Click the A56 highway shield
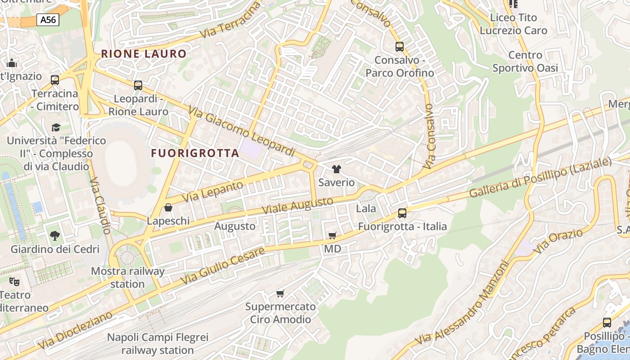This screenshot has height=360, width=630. point(49,19)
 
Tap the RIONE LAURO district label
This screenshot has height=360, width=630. point(144,54)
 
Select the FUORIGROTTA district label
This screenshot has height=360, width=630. point(195,153)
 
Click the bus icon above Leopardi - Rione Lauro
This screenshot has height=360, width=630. point(138,85)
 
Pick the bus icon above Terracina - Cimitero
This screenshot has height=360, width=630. point(55,80)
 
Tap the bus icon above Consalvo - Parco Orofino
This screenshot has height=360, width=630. point(399,46)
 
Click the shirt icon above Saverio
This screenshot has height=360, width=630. point(336,169)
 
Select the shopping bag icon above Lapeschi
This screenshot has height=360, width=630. point(168,207)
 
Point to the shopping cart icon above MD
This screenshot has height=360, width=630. point(333,235)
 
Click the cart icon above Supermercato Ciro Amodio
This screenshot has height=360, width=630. point(280,293)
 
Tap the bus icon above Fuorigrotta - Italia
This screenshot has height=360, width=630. point(402,213)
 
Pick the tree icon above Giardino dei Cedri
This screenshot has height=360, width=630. point(55,235)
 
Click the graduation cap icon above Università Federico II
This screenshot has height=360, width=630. point(56,127)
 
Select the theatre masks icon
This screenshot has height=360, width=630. point(14,282)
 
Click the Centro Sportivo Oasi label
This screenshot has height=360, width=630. point(525,62)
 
